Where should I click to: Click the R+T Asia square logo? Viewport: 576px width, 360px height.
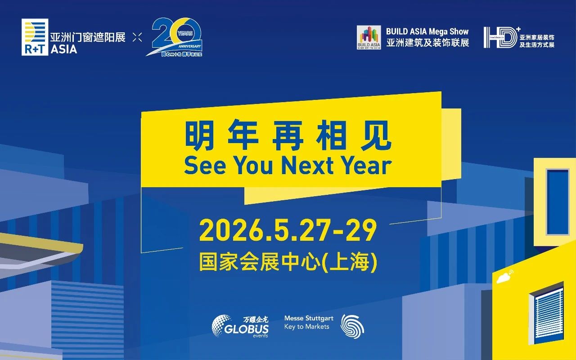tap(35, 37)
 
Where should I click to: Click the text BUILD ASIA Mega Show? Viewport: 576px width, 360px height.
tap(427, 31)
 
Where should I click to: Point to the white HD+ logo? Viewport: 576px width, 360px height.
tap(500, 37)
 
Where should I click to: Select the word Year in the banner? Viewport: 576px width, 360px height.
tap(366, 166)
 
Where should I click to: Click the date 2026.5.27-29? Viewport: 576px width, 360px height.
tap(288, 231)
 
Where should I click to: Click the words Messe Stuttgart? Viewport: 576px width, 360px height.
tap(308, 318)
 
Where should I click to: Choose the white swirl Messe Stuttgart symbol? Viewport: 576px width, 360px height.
tap(352, 326)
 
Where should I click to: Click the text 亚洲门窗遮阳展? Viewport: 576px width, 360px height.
tap(88, 37)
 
